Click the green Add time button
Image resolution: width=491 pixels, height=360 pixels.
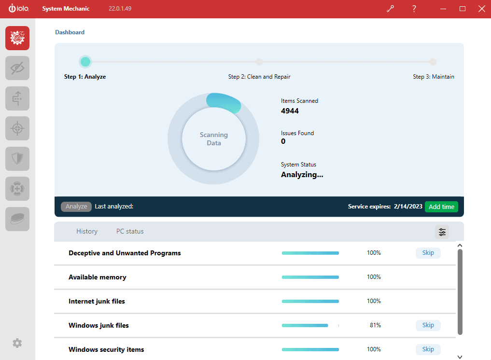[441, 207]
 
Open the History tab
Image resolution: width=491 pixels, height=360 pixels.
[87, 232]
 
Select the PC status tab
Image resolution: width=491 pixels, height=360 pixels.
[130, 232]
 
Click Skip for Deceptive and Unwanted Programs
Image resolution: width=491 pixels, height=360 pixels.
[428, 253]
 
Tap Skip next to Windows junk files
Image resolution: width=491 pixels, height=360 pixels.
[428, 325]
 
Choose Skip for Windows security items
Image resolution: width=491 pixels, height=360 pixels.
[428, 349]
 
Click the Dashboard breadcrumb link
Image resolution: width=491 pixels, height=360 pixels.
[70, 32]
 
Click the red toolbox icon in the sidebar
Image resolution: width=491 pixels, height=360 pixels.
[17, 38]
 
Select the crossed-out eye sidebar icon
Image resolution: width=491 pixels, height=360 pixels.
[17, 68]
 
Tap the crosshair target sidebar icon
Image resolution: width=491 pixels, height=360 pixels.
[17, 128]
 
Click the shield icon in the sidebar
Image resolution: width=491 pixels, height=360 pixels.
[17, 159]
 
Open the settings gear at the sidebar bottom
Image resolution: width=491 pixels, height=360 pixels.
[17, 343]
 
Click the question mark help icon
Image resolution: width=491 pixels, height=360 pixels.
[414, 9]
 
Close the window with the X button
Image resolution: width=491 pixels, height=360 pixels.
[481, 9]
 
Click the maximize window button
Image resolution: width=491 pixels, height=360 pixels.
[463, 9]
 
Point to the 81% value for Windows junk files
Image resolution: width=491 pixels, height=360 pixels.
[375, 325]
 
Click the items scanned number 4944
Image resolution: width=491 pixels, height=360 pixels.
[290, 111]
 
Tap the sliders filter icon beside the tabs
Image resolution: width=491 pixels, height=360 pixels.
[442, 232]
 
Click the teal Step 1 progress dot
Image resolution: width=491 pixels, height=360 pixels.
[85, 62]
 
